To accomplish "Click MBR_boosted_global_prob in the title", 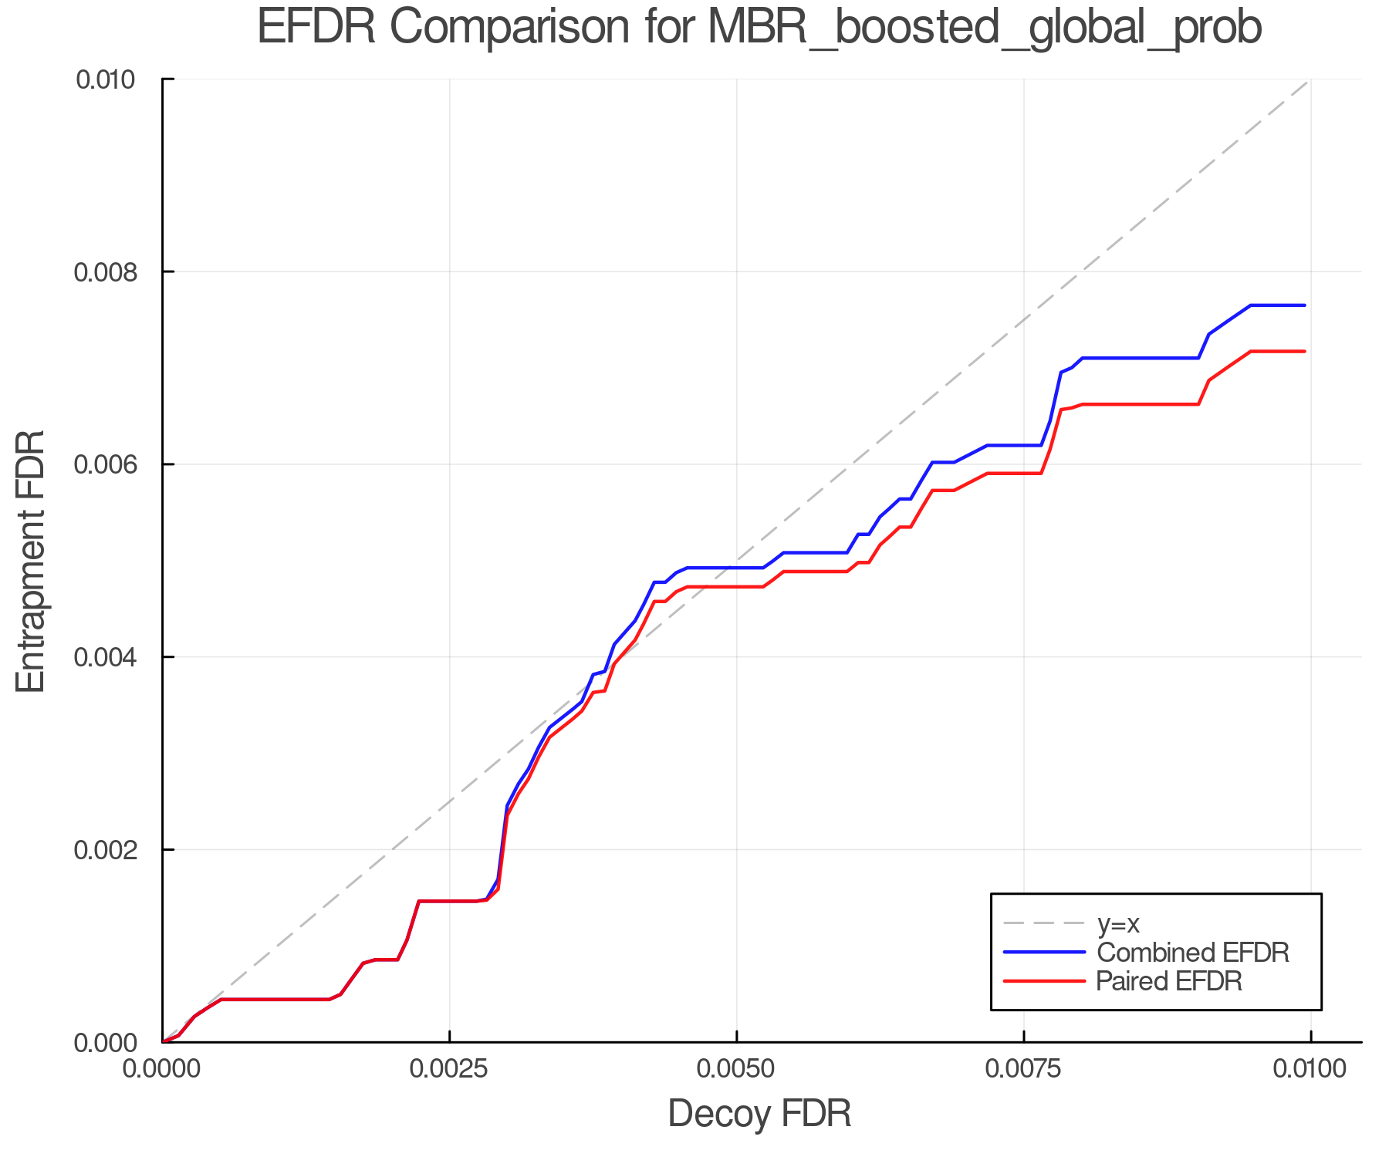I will [984, 29].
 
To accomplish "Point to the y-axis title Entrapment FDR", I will [31, 561].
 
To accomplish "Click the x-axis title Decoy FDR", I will [759, 1114].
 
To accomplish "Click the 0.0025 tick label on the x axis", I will [449, 1069].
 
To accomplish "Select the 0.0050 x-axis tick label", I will [736, 1069].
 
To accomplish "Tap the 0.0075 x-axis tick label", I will [1024, 1069].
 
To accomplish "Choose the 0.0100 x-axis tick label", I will [1310, 1069].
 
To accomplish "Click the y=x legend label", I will [1118, 923].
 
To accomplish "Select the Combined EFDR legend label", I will [1192, 953].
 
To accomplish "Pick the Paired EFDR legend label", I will [1169, 981].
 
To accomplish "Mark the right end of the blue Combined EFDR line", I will [1304, 305].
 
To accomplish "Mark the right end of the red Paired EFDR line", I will [1304, 352].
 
